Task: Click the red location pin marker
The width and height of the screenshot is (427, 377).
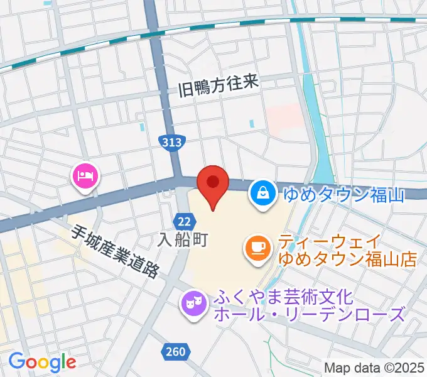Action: pyautogui.click(x=212, y=183)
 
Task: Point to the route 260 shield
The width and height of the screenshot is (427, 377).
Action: pyautogui.click(x=176, y=352)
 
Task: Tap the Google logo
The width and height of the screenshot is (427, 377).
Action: pyautogui.click(x=42, y=361)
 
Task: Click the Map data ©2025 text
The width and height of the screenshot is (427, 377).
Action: pyautogui.click(x=374, y=368)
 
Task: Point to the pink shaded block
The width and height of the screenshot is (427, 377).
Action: pyautogui.click(x=284, y=118)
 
